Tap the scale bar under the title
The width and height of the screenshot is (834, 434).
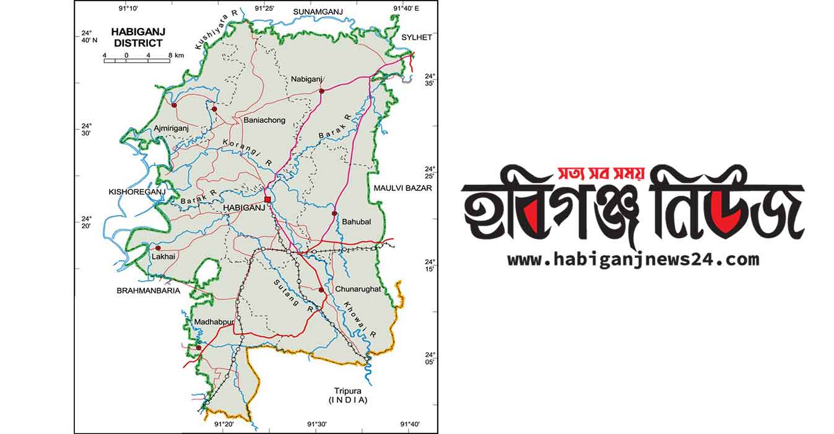click(x=137, y=60)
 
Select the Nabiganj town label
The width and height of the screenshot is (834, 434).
click(x=307, y=79)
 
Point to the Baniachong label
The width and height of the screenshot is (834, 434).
click(x=264, y=120)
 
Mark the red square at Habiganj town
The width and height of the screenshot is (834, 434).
click(x=267, y=199)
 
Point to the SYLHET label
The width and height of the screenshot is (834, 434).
click(x=416, y=37)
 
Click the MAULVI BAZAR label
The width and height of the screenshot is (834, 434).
click(x=402, y=187)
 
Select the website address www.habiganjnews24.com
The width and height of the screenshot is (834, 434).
click(x=633, y=259)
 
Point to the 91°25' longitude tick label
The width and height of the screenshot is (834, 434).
click(x=264, y=7)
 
